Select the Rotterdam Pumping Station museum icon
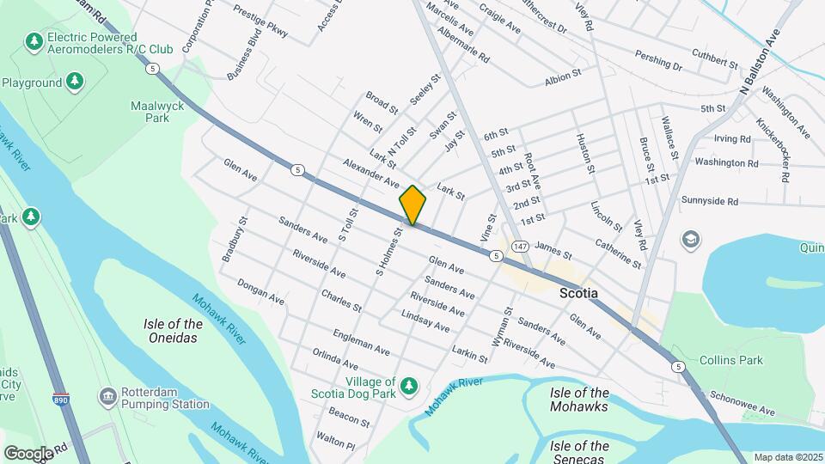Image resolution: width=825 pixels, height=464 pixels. pyautogui.click(x=108, y=396)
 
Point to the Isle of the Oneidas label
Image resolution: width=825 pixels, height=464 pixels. pyautogui.click(x=174, y=331)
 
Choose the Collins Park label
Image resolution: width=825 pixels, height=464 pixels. pyautogui.click(x=730, y=360)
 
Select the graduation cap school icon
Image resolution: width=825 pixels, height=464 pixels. pyautogui.click(x=690, y=238)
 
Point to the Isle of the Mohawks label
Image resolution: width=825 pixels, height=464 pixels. pyautogui.click(x=579, y=400)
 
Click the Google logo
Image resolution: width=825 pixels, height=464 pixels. pyautogui.click(x=28, y=453)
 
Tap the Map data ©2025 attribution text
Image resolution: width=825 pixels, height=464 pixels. pyautogui.click(x=787, y=457)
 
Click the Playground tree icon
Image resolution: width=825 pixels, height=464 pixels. pyautogui.click(x=76, y=82)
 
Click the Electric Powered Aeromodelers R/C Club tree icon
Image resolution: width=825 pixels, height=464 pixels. pyautogui.click(x=34, y=41)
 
